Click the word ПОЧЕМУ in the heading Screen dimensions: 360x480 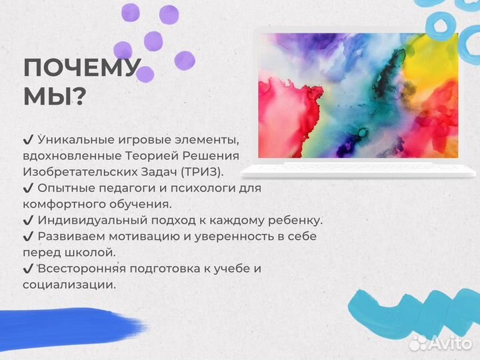coord(81,69)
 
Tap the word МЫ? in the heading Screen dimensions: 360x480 coord(54,98)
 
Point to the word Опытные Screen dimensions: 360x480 coord(64,188)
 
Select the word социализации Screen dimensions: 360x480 coord(69,285)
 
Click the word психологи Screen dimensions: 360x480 coord(186,188)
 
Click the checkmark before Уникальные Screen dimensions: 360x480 coord(28,140)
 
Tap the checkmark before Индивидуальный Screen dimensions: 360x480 coord(28,220)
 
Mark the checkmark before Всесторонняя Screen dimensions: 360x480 coord(28,269)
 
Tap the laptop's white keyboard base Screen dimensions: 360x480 coord(360,169)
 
